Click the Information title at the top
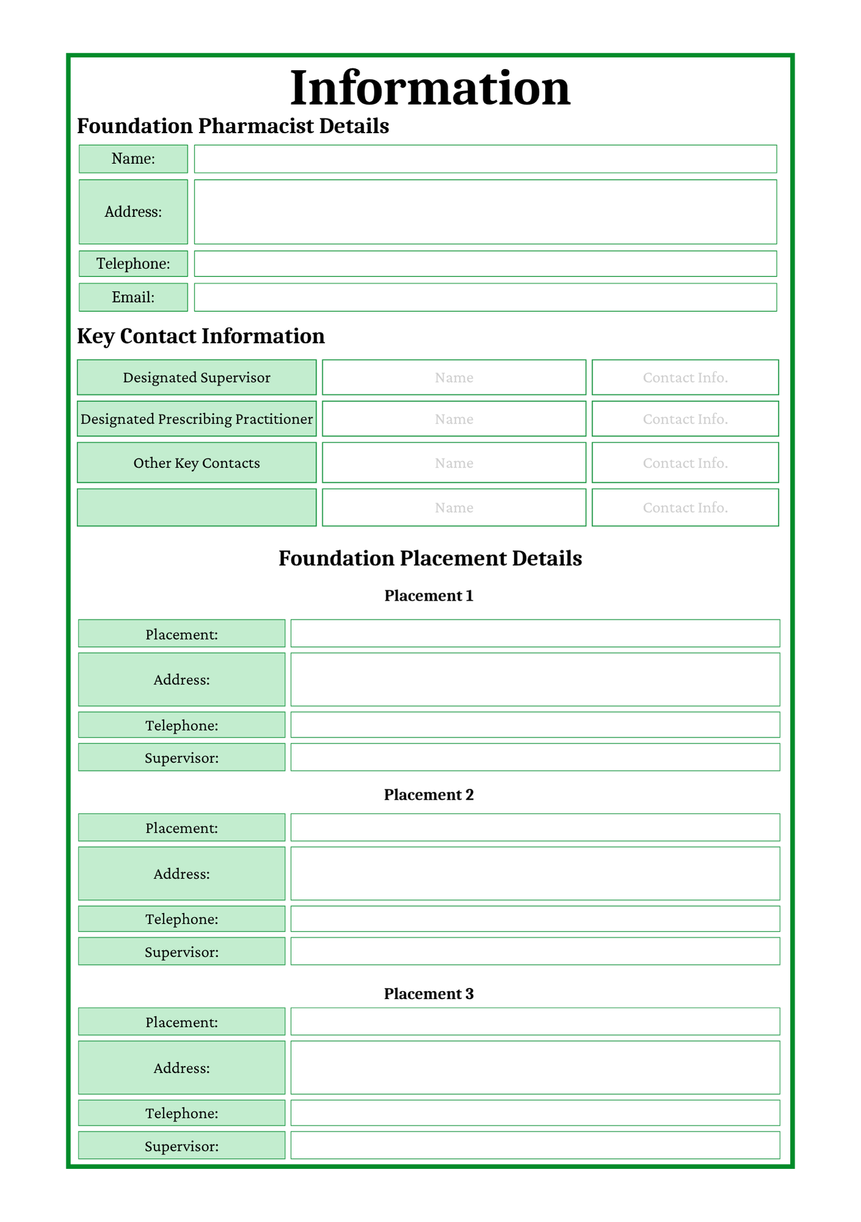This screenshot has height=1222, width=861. (430, 88)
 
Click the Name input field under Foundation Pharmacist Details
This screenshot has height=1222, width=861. (485, 159)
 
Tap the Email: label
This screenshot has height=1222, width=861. (133, 297)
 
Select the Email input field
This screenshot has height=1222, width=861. (485, 297)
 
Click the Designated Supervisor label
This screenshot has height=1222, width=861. (197, 378)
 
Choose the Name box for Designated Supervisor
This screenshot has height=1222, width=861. (454, 378)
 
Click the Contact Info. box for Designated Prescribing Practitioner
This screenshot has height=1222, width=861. (685, 419)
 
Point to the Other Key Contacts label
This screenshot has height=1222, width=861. (197, 463)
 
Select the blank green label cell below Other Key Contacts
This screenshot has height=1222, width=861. (197, 507)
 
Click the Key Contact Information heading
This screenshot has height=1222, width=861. (201, 336)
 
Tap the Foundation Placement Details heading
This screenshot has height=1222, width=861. (430, 558)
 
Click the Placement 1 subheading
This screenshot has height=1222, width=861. (429, 596)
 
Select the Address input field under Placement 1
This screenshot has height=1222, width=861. (535, 679)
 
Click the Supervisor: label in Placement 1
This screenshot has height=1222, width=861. (181, 758)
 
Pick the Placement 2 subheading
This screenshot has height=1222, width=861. (429, 795)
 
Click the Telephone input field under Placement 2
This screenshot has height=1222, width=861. (535, 919)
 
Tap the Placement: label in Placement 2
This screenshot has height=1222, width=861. (181, 828)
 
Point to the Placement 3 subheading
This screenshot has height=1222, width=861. (429, 994)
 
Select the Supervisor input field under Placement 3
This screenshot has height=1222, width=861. (535, 1146)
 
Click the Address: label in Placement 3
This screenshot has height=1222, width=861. (181, 1068)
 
